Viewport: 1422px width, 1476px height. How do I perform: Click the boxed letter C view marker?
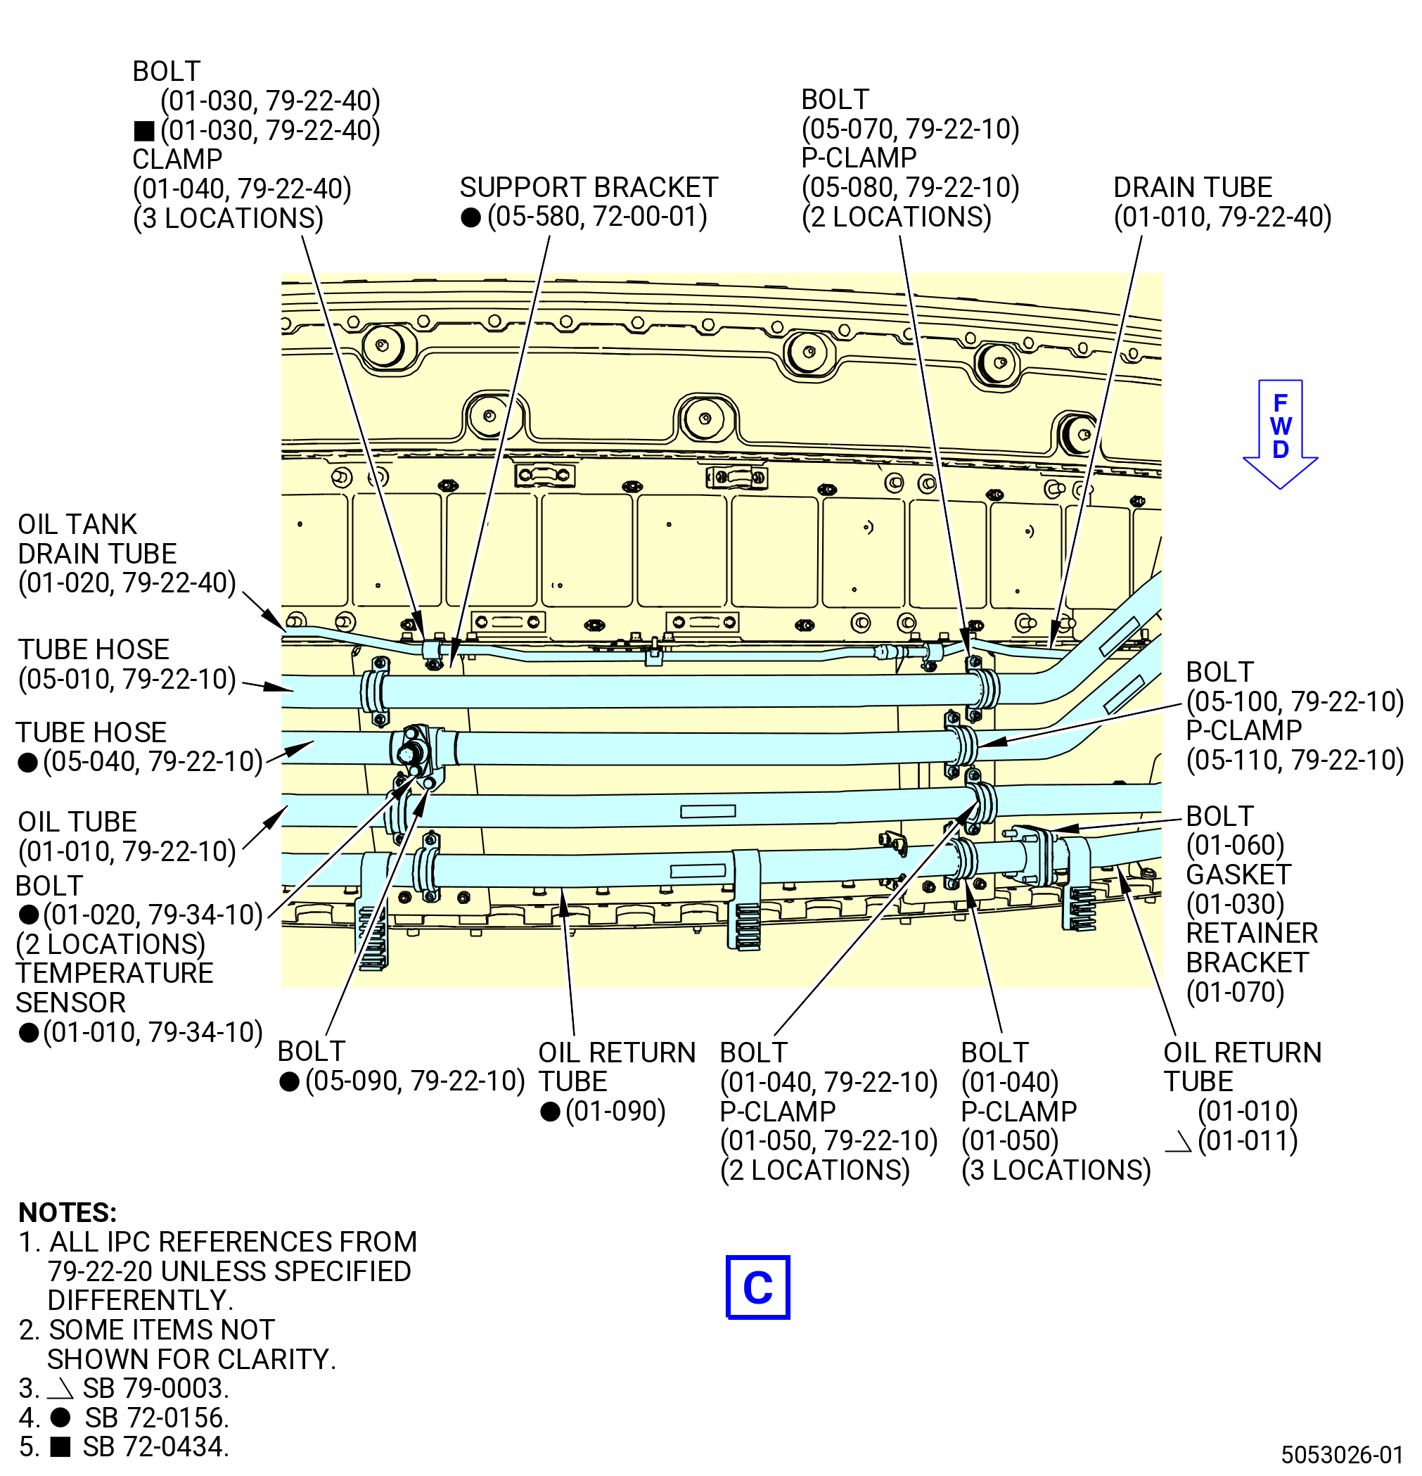(757, 1287)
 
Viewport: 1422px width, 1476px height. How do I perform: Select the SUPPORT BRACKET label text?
(589, 188)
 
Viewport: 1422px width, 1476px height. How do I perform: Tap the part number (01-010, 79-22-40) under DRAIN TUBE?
(1222, 217)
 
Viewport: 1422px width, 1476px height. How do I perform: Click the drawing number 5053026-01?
(1343, 1454)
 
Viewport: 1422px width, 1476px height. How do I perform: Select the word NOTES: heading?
(68, 1212)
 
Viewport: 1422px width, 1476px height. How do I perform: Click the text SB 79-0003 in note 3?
(156, 1388)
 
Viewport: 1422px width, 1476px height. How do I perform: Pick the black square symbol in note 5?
(60, 1446)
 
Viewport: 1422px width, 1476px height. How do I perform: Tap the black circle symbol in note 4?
(60, 1418)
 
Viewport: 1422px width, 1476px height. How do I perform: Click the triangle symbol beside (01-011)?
(1178, 1142)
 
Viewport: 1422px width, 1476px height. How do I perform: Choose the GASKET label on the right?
(1238, 875)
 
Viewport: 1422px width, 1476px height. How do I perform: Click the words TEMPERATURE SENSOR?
(115, 988)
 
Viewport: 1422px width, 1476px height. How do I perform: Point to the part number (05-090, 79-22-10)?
(415, 1081)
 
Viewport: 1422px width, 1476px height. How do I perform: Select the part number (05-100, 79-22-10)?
(1295, 702)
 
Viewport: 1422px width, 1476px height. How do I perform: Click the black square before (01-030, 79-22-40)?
(143, 132)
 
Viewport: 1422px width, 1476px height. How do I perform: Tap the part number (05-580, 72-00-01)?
(597, 217)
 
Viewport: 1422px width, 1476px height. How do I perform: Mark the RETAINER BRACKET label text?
(1252, 948)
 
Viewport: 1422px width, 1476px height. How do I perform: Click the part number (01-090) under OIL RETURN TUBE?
(616, 1112)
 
